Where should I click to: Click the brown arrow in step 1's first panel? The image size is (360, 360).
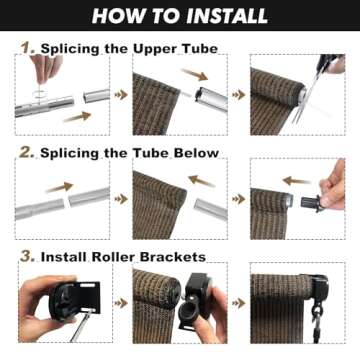[x=78, y=117]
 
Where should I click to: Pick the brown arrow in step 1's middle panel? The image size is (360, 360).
[x=196, y=74]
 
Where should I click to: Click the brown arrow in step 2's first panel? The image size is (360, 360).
[x=58, y=186]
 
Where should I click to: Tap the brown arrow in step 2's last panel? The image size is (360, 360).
[x=298, y=182]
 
